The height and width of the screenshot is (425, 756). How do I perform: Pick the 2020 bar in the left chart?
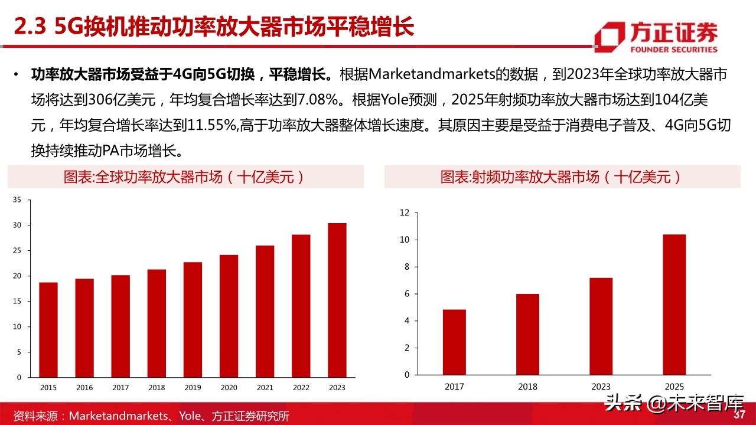(229, 316)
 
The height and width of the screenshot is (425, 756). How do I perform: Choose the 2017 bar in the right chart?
(454, 342)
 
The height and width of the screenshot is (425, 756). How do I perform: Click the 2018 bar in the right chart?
(527, 334)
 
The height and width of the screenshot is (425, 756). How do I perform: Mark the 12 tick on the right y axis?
(405, 212)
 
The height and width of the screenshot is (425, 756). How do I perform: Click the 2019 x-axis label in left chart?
(193, 388)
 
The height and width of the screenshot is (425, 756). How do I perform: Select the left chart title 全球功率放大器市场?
(185, 177)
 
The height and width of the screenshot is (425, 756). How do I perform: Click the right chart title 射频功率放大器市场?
(562, 177)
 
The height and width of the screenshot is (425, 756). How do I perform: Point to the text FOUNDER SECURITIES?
(674, 50)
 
